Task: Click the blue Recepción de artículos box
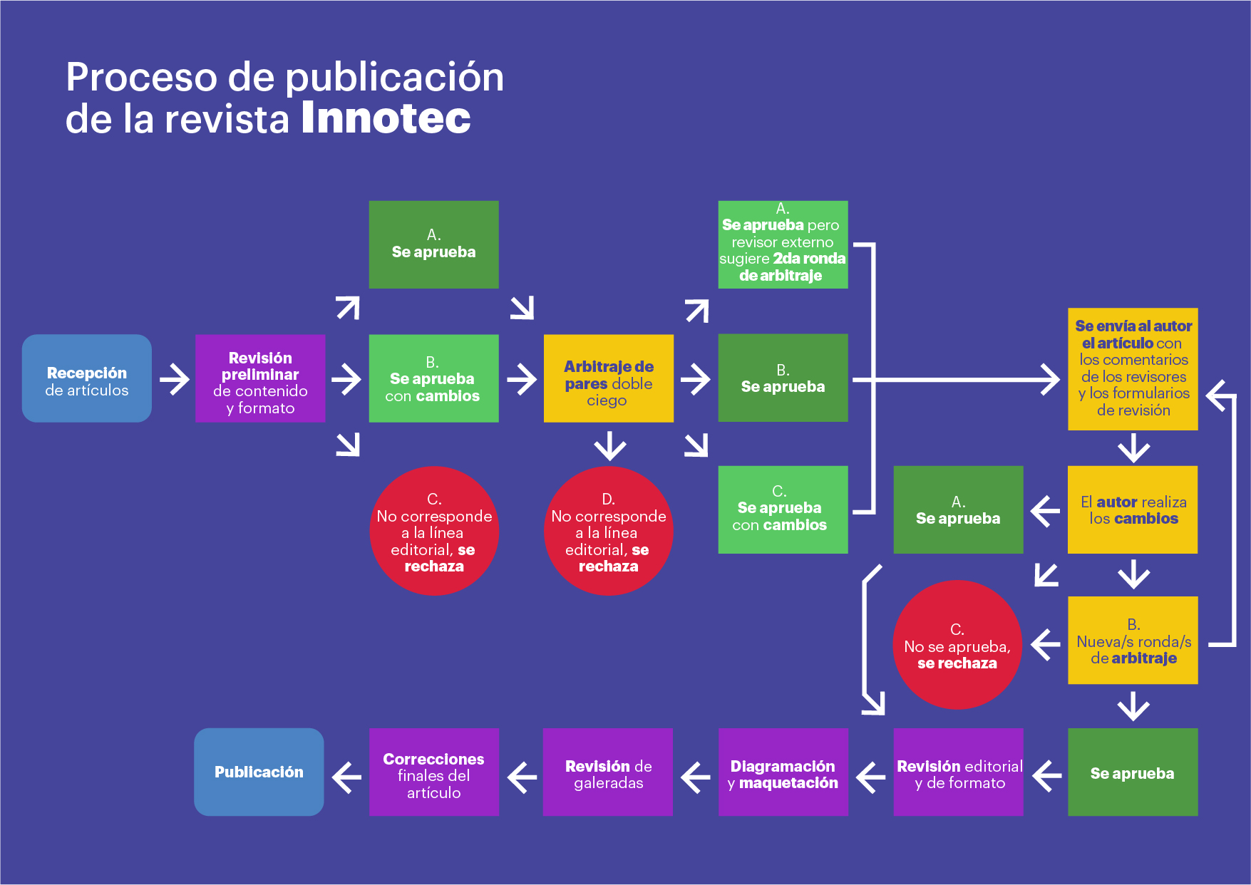click(x=87, y=378)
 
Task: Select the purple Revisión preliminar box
click(x=260, y=378)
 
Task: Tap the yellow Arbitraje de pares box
click(x=609, y=378)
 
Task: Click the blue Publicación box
click(x=259, y=772)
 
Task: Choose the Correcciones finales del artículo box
click(x=434, y=772)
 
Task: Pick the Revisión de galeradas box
click(x=608, y=772)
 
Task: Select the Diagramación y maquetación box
click(x=783, y=772)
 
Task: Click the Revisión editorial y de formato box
click(x=959, y=772)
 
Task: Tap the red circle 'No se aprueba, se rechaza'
click(x=957, y=645)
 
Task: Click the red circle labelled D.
click(x=609, y=531)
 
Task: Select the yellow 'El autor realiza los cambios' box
click(x=1133, y=509)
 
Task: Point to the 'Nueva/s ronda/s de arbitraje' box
click(x=1133, y=641)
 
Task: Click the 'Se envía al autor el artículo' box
click(x=1133, y=369)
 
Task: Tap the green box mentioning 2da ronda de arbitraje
click(x=783, y=244)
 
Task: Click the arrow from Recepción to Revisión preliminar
click(x=175, y=379)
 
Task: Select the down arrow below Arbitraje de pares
click(x=610, y=445)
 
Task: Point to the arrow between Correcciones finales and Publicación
click(x=347, y=777)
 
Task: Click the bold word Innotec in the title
click(x=386, y=118)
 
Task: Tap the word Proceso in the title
click(x=142, y=77)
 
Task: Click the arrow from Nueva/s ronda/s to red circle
click(x=1046, y=645)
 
